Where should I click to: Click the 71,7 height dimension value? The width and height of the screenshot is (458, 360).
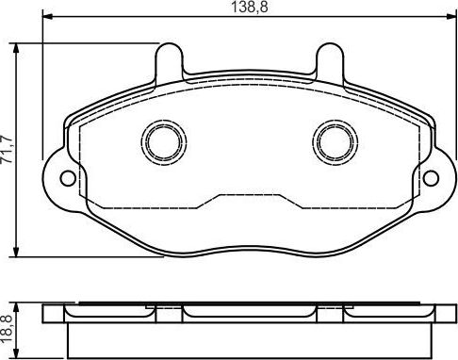8,149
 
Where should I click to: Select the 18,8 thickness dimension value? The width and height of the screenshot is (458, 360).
8,329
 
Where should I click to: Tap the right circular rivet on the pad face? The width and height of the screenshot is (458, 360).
332,140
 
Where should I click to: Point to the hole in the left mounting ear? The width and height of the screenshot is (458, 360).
66,175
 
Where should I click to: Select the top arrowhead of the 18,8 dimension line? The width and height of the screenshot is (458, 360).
18,303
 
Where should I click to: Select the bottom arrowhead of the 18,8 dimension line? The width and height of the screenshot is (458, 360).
18,356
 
